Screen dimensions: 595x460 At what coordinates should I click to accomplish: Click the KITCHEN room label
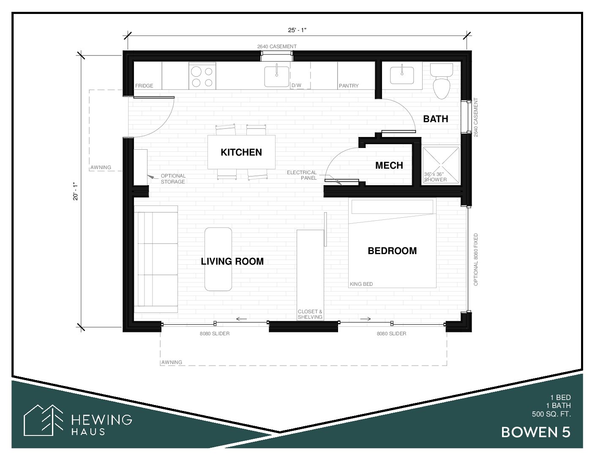coord(241,152)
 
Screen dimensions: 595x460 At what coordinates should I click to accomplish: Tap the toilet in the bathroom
coord(441,81)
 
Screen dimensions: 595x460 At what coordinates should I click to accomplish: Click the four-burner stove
coord(202,76)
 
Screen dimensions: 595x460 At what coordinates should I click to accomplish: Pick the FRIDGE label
coord(144,86)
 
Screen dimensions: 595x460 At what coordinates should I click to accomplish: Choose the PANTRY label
coord(349,86)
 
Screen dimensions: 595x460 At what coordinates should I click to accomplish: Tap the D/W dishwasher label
coord(296,85)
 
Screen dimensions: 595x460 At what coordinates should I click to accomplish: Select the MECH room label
coord(389,165)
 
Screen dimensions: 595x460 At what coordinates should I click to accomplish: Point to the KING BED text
coord(361,284)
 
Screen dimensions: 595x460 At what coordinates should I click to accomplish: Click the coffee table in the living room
coord(218,259)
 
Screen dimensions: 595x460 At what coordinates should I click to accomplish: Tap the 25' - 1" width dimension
coord(297,30)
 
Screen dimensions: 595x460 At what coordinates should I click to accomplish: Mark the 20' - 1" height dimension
coord(75,192)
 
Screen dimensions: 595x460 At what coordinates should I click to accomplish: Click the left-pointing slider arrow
coord(241,319)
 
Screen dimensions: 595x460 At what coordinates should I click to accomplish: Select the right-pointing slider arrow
coord(366,319)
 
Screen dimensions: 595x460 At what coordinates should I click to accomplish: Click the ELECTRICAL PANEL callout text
coord(302,175)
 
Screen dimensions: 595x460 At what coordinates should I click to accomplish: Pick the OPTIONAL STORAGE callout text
coord(173,178)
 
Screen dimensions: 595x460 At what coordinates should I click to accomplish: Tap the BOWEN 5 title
coord(536,433)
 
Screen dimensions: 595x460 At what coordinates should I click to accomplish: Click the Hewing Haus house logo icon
coord(44,420)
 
